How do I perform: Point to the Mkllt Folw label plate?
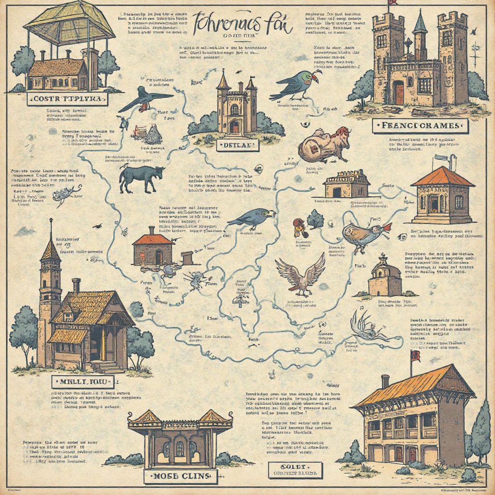click(83, 382)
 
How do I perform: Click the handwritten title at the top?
click(242, 24)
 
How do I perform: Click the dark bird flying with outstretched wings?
click(145, 98)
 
